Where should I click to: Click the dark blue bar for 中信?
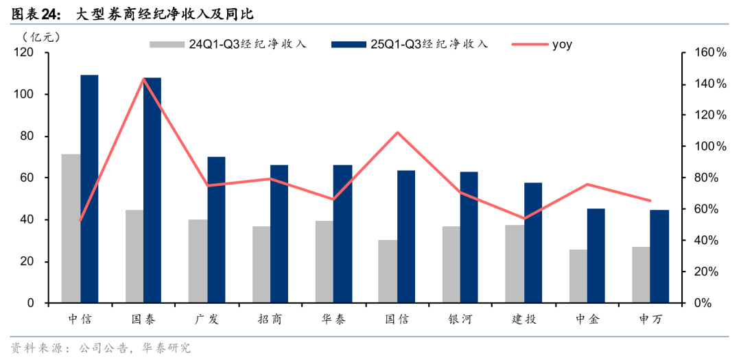[89, 189]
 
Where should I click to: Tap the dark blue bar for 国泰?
[152, 190]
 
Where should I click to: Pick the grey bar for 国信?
[387, 272]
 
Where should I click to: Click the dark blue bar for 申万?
[659, 256]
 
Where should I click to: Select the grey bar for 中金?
[578, 276]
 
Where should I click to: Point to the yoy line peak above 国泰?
[144, 79]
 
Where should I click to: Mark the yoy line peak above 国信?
[397, 132]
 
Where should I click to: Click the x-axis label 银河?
[460, 320]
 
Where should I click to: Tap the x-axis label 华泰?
[333, 320]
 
